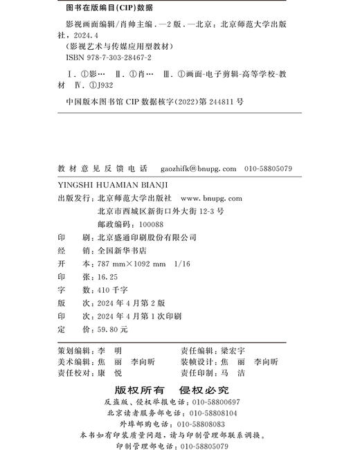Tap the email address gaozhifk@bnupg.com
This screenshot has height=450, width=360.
198,168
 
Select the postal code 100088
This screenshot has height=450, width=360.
151,224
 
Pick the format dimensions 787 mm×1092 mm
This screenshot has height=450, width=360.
130,264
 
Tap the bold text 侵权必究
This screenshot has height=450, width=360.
205,390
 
